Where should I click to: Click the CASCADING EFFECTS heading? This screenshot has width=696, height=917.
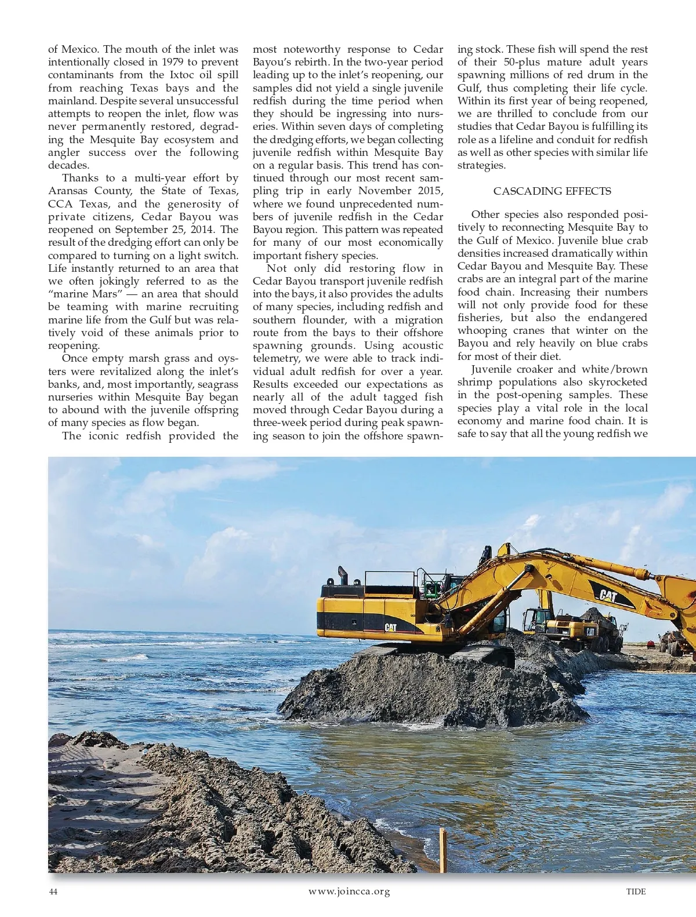click(552, 191)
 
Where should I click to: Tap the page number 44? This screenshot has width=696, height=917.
click(53, 891)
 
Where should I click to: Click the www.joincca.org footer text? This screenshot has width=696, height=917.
click(349, 891)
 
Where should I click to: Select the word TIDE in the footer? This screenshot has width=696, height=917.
click(636, 891)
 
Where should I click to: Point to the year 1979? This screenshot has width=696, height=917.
click(173, 62)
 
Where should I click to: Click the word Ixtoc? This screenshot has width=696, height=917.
click(182, 75)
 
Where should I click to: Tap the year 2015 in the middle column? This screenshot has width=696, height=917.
click(429, 191)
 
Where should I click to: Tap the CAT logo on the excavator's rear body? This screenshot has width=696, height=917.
click(391, 627)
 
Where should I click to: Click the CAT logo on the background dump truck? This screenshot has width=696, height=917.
click(590, 631)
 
